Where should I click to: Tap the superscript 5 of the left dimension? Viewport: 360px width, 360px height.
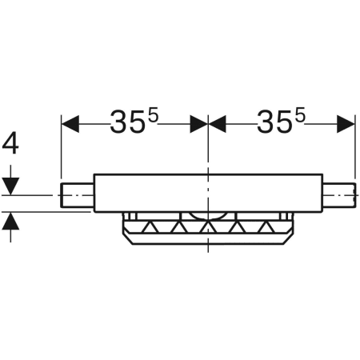tap(154, 115)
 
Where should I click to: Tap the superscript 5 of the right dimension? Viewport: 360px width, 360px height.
tap(301, 115)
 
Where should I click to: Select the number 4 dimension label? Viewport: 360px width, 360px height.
tap(11, 144)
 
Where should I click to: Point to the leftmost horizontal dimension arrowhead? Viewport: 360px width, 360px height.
tap(70, 123)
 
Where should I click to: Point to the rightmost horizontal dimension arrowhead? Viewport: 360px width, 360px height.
tap(346, 123)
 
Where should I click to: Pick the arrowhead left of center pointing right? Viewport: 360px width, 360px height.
tap(198, 123)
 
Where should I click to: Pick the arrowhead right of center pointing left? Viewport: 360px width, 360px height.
tap(218, 123)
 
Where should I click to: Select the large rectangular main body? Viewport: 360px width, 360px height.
tap(208, 194)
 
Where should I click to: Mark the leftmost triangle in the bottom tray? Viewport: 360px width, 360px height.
tap(145, 229)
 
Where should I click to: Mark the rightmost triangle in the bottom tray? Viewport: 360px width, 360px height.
tap(266, 229)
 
